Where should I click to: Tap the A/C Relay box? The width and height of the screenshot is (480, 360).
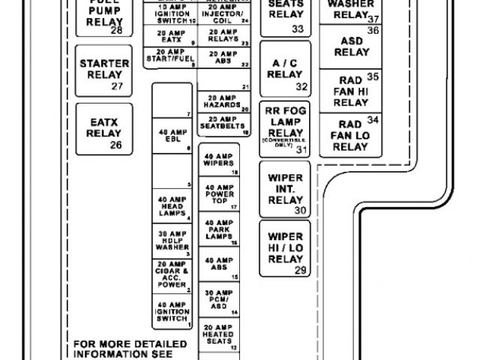(285, 68)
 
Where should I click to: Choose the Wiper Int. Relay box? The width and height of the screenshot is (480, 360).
(285, 189)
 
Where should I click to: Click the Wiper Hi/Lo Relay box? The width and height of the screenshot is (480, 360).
(285, 248)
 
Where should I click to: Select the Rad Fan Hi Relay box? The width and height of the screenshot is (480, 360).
(351, 90)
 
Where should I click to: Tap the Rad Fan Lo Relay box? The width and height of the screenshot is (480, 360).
(351, 134)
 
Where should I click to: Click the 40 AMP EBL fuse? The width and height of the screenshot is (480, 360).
(172, 136)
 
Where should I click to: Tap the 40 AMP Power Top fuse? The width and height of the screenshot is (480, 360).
(219, 195)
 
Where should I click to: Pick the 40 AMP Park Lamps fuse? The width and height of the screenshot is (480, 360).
(219, 230)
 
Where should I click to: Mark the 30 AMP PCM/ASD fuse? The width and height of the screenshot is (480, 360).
(219, 299)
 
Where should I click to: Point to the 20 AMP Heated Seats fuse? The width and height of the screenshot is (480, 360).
(219, 335)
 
